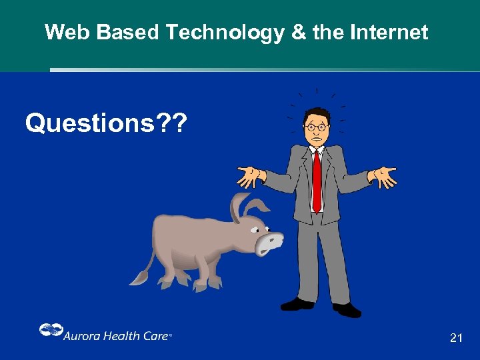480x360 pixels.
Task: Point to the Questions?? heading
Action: [x=107, y=123]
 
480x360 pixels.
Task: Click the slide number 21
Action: [x=456, y=338]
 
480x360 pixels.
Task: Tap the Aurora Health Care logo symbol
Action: [x=50, y=330]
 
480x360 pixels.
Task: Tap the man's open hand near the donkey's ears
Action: [x=249, y=176]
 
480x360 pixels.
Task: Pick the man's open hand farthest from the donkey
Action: [x=385, y=177]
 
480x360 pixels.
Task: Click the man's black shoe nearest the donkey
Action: [x=297, y=304]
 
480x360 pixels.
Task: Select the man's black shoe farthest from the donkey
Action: [x=347, y=309]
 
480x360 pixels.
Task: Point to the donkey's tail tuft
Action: [x=139, y=277]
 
